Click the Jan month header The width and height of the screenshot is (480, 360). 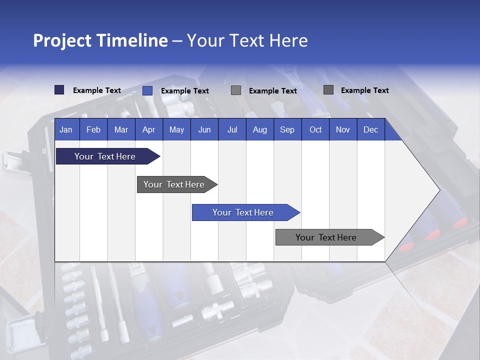[x=66, y=129]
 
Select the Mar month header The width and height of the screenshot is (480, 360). [x=121, y=129]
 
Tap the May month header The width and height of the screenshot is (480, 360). [x=176, y=129]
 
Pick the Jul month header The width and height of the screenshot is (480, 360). [x=232, y=129]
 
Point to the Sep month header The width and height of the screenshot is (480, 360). [x=287, y=129]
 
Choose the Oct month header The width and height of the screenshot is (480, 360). [x=315, y=129]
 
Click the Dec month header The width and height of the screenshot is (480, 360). [x=370, y=129]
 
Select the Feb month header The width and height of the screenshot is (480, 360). [x=93, y=129]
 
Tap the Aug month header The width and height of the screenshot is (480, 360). [x=259, y=129]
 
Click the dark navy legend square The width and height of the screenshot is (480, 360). [x=59, y=90]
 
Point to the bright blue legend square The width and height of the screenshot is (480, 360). [x=147, y=90]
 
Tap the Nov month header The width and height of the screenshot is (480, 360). [x=343, y=129]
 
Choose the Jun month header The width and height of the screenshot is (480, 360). [x=204, y=129]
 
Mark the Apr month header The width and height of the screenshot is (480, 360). [x=148, y=129]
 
